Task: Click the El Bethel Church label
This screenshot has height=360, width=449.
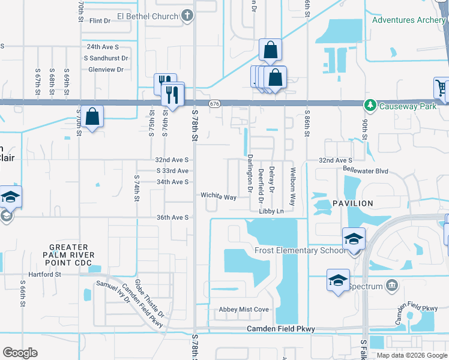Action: pyautogui.click(x=147, y=16)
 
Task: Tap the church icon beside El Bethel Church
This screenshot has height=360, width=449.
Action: pyautogui.click(x=187, y=16)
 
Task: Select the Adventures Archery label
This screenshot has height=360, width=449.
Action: pyautogui.click(x=409, y=20)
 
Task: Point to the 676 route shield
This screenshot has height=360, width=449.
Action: pyautogui.click(x=214, y=104)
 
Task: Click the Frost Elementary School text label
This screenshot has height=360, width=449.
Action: pyautogui.click(x=300, y=250)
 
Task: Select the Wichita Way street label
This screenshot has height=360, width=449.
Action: pyautogui.click(x=218, y=196)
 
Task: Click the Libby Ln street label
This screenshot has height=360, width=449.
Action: pyautogui.click(x=271, y=211)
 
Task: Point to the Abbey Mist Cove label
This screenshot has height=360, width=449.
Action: pyautogui.click(x=244, y=310)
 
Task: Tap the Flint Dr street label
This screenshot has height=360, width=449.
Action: pyautogui.click(x=100, y=21)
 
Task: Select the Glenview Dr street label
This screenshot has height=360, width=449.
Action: pyautogui.click(x=106, y=70)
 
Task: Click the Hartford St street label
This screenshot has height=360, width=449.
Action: pyautogui.click(x=50, y=274)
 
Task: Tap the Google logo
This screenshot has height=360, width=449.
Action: pyautogui.click(x=20, y=353)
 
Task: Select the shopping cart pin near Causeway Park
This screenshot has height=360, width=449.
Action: pyautogui.click(x=442, y=88)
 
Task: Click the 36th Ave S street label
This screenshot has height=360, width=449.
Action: pyautogui.click(x=173, y=217)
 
